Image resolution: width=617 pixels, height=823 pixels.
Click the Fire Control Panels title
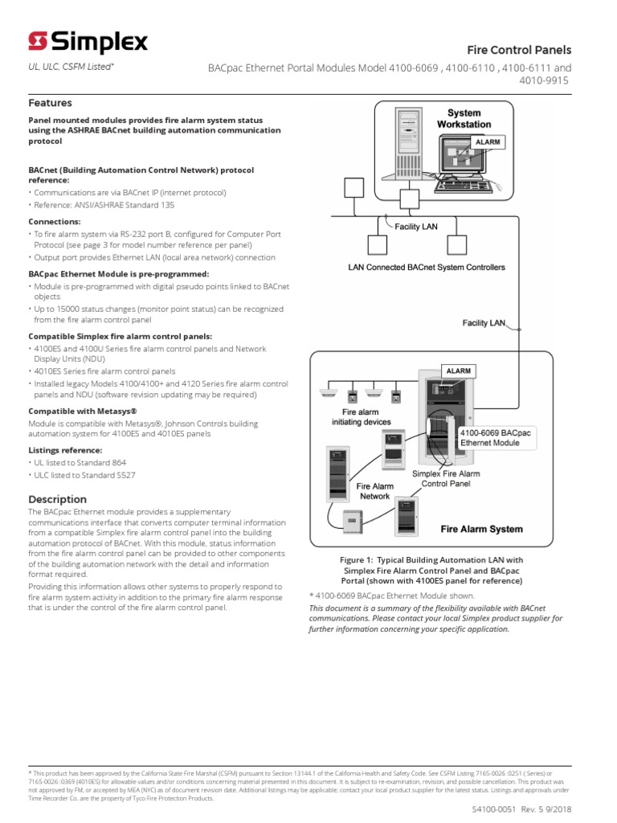pyautogui.click(x=530, y=50)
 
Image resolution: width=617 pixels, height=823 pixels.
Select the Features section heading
pyautogui.click(x=50, y=103)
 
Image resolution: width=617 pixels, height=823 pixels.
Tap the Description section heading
pyautogui.click(x=57, y=499)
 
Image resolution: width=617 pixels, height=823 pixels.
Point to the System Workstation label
pyautogui.click(x=464, y=119)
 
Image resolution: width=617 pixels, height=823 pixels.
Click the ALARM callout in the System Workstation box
pyautogui.click(x=488, y=142)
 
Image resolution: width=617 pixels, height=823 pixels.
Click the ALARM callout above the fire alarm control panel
pyautogui.click(x=458, y=371)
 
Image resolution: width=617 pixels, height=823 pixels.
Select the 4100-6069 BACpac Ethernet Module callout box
pyautogui.click(x=495, y=438)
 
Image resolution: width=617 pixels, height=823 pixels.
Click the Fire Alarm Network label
pyautogui.click(x=374, y=491)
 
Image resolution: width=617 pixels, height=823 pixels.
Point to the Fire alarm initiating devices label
pyautogui.click(x=361, y=416)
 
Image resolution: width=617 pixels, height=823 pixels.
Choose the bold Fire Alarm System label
pyautogui.click(x=481, y=529)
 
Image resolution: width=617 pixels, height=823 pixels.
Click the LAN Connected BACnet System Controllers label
pyautogui.click(x=426, y=267)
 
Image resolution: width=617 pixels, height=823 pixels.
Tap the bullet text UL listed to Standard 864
pyautogui.click(x=80, y=463)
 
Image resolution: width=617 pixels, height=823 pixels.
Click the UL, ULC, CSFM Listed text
pyautogui.click(x=71, y=68)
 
